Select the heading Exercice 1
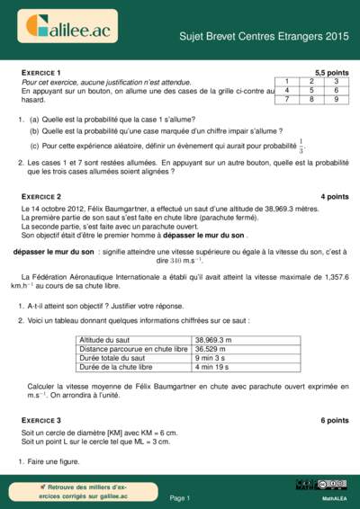tap(41, 72)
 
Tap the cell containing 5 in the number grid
tap(310, 90)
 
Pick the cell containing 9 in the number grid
tap(335, 99)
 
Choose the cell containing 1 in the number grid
tap(286, 81)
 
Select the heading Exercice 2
tap(41, 196)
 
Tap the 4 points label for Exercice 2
tap(334, 196)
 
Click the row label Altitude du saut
tap(107, 340)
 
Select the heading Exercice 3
tap(41, 420)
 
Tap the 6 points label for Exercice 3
tap(334, 420)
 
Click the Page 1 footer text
tap(180, 497)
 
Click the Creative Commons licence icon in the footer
tap(331, 484)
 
